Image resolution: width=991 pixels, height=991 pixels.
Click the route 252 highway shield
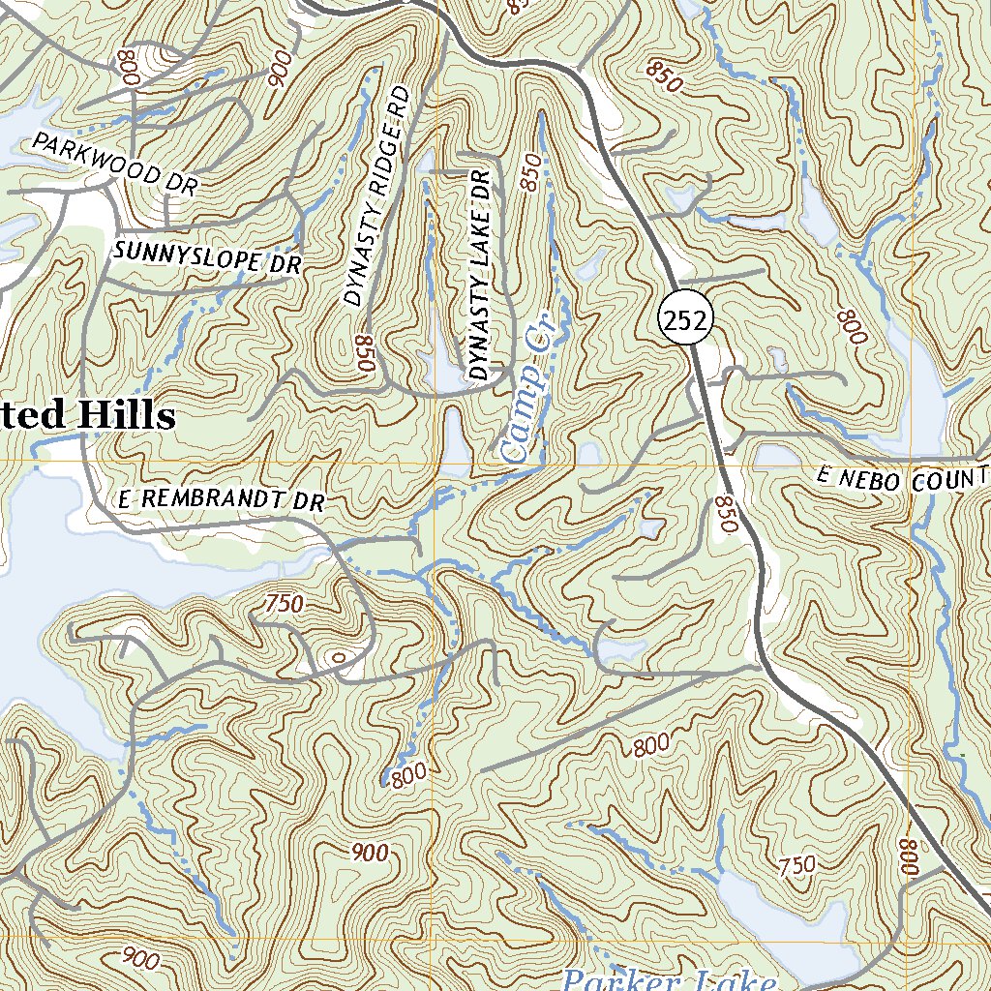[685, 320]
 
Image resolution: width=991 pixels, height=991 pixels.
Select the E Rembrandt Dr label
[220, 500]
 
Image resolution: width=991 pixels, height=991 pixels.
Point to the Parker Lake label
[668, 979]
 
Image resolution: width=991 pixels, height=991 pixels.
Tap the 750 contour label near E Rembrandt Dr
[284, 604]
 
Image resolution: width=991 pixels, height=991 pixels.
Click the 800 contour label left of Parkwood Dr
[127, 67]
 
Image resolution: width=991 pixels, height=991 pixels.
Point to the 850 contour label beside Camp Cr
[531, 170]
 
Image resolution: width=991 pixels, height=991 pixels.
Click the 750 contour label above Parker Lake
[797, 865]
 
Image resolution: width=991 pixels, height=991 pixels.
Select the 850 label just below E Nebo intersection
[727, 514]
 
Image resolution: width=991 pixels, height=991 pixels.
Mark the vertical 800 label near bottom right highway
[909, 857]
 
